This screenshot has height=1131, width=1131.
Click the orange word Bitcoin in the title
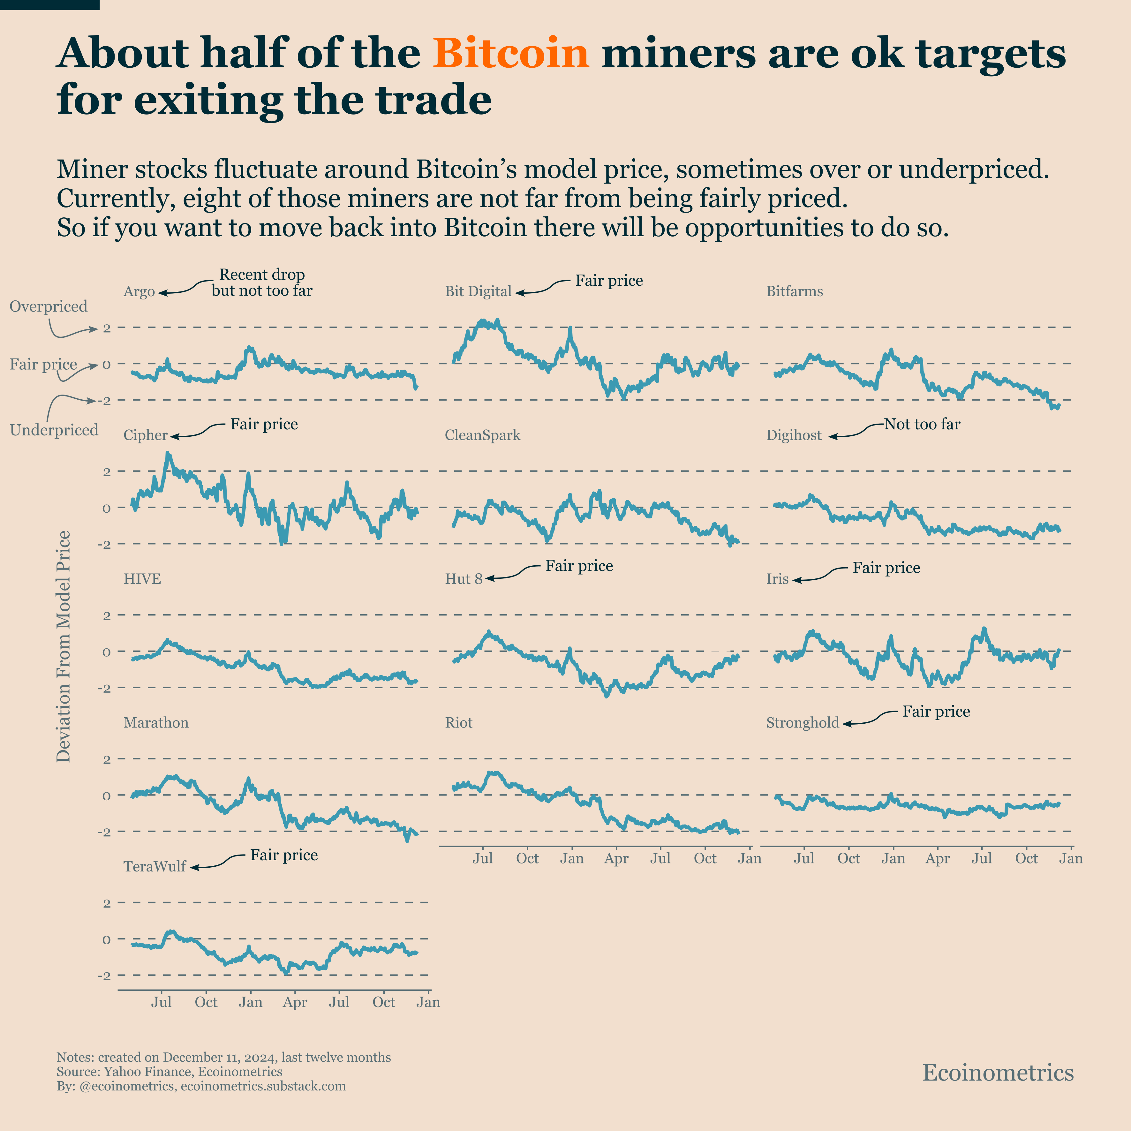(510, 53)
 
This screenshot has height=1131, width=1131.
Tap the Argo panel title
(139, 291)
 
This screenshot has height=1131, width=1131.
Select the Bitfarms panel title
(795, 291)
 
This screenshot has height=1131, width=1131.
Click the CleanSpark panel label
(482, 435)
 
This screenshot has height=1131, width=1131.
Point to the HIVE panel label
(142, 579)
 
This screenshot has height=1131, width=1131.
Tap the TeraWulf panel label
(155, 866)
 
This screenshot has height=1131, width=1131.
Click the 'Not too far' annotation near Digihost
(922, 425)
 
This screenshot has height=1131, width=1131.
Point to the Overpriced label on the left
(49, 306)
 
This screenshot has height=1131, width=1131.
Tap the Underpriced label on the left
(54, 430)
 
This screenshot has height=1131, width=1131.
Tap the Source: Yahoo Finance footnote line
(169, 1072)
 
